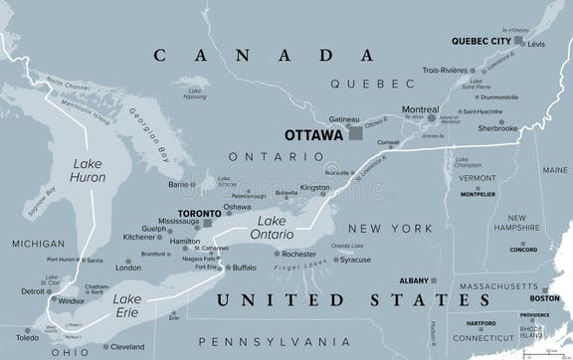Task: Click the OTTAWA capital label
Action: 314,134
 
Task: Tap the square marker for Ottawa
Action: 355,133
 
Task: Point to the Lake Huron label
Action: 89,170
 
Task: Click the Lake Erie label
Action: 126,305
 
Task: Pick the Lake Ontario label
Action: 275,228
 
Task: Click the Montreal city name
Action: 419,109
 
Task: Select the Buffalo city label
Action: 244,267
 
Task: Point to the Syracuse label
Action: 354,260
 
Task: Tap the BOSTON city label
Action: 544,298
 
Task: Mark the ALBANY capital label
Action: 414,281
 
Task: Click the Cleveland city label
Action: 127,347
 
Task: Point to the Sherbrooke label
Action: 497,128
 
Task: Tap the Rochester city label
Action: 298,254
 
